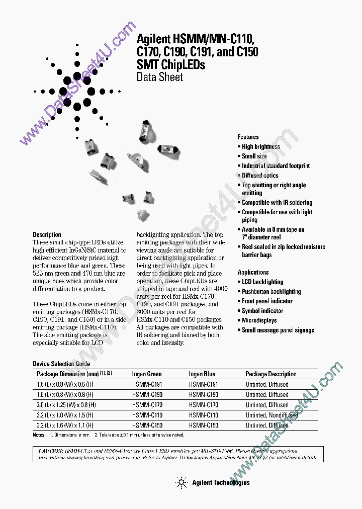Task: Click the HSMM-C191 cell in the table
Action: click(147, 384)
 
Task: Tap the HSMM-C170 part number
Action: click(147, 405)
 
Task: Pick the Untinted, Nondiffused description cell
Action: click(271, 415)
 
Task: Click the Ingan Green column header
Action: click(147, 374)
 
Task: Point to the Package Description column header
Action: click(270, 374)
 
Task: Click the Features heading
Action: click(248, 137)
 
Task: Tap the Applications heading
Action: click(253, 272)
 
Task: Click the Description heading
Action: click(47, 234)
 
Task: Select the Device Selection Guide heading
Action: click(61, 364)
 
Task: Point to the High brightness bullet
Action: click(260, 147)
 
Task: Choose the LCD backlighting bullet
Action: click(262, 282)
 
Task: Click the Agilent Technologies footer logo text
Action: click(220, 482)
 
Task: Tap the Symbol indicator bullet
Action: click(262, 311)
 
